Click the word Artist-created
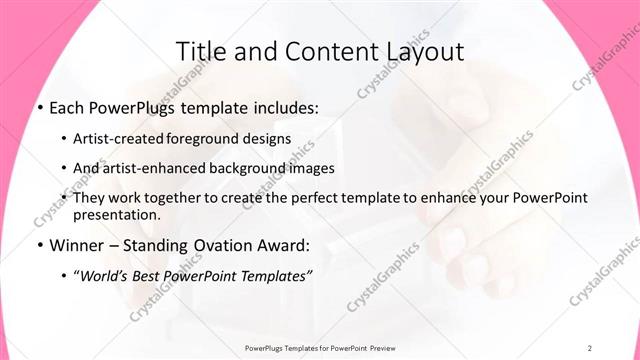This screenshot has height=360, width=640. coord(121,138)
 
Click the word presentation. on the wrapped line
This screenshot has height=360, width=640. coord(116,214)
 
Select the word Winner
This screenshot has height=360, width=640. coord(75,245)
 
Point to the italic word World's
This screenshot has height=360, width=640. coord(105,275)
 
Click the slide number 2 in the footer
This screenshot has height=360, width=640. coord(590,347)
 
